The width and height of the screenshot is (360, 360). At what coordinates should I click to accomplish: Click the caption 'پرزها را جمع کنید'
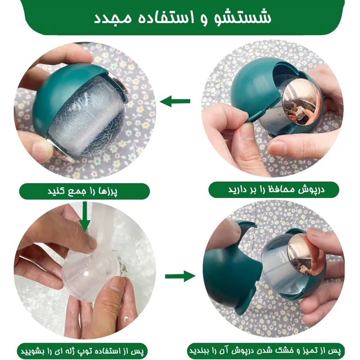pos(83,191)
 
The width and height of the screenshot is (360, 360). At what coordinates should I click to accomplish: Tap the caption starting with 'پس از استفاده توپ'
pos(82,351)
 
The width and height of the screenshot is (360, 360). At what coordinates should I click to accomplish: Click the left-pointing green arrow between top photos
pos(175,101)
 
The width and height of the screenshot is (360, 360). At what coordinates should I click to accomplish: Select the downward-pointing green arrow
pos(85,217)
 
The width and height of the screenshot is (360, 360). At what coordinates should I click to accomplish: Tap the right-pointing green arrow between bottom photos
pos(180,276)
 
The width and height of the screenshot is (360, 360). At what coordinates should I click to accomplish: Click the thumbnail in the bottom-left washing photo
pos(117,285)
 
